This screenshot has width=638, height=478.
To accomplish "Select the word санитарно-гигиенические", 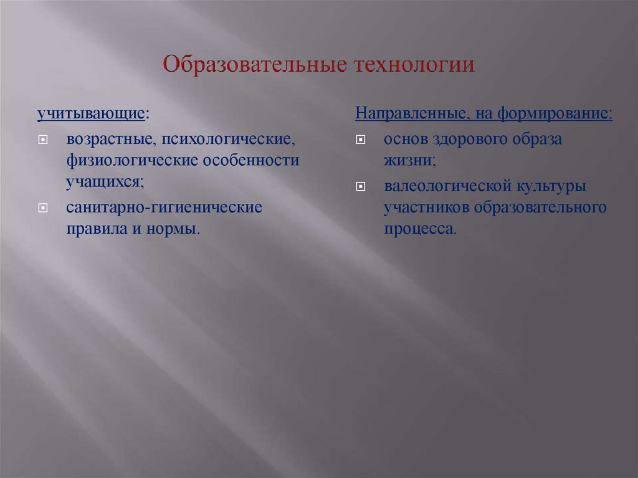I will (165, 206).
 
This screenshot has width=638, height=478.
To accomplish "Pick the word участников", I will (426, 208).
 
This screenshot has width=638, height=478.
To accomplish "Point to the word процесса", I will (419, 229).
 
